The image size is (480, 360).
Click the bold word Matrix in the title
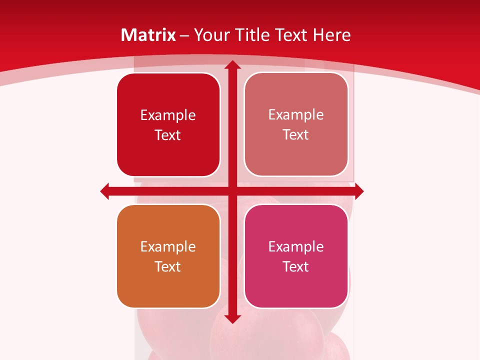pyautogui.click(x=148, y=35)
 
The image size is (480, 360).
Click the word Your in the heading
pyautogui.click(x=210, y=35)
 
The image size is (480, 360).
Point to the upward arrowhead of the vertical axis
pyautogui.click(x=232, y=65)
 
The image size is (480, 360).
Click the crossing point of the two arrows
pyautogui.click(x=232, y=191)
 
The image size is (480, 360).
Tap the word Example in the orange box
pyautogui.click(x=168, y=246)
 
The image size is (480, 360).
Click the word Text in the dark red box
pyautogui.click(x=168, y=135)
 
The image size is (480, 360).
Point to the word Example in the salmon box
pyautogui.click(x=296, y=114)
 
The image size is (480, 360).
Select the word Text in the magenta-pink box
pyautogui.click(x=296, y=266)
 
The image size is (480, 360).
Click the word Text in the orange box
pyautogui.click(x=168, y=266)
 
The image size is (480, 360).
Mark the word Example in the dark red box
pyautogui.click(x=168, y=115)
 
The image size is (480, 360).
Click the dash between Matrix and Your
pyautogui.click(x=185, y=35)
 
